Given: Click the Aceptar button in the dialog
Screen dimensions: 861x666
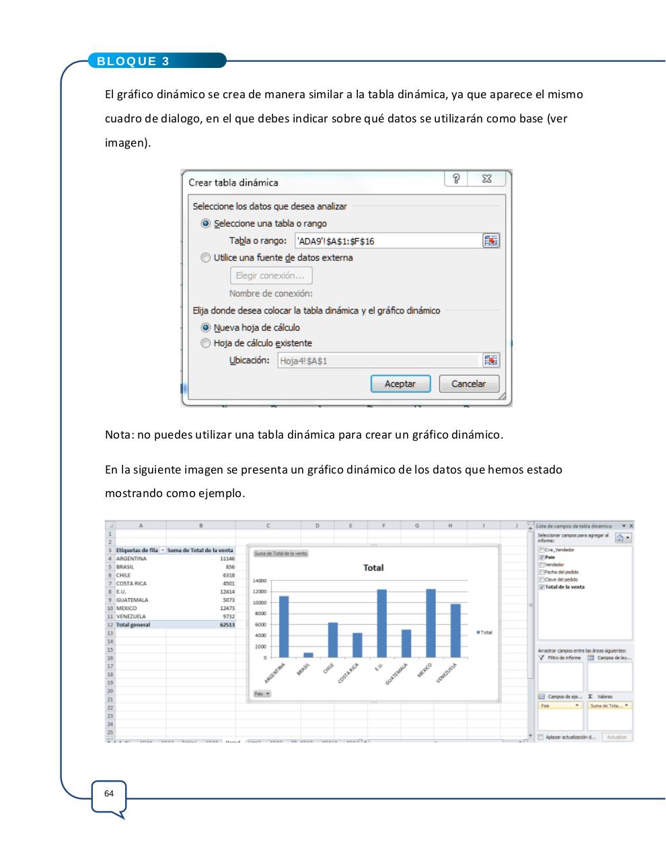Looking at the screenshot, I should pos(400,384).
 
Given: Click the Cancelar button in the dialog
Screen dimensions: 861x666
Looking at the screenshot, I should pos(468,384).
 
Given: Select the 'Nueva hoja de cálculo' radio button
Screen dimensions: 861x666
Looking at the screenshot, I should pos(206,328).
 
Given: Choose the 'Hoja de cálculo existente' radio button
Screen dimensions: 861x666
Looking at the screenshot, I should pos(206,343).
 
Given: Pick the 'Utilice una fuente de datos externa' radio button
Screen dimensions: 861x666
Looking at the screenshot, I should pos(206,258).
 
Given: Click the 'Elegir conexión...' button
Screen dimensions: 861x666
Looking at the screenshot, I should pos(270,276).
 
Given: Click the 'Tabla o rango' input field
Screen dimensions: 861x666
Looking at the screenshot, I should pos(387,241).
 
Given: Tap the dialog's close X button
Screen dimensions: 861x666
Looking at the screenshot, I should pos(487,179).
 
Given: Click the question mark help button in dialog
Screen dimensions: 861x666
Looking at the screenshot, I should pos(457,179).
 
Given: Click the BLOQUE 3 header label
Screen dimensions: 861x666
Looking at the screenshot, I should pos(133,61).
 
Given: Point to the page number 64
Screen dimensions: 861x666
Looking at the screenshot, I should pos(109,794).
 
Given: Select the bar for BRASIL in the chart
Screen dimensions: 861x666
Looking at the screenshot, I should pos(308,654).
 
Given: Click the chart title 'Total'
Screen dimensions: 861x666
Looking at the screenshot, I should pos(373,568).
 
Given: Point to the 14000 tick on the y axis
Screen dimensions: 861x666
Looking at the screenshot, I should pos(260,581).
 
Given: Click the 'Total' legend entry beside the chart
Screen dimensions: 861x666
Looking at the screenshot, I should pos(484,632).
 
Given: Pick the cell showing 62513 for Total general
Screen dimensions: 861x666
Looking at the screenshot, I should pos(227,625).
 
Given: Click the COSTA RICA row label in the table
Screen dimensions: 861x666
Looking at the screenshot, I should pos(131,584).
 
